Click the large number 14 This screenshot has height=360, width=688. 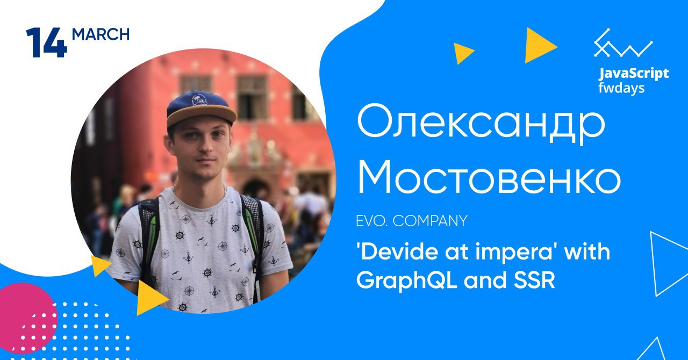click(x=47, y=42)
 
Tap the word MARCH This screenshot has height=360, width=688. click(x=101, y=34)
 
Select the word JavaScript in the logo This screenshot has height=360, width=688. click(x=634, y=74)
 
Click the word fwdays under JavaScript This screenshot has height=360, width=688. click(x=621, y=88)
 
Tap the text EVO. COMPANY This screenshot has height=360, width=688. click(x=412, y=221)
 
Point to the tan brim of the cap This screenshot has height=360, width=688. click(x=202, y=117)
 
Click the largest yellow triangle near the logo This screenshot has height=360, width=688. click(x=539, y=46)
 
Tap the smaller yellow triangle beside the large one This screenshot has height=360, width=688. click(x=463, y=53)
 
